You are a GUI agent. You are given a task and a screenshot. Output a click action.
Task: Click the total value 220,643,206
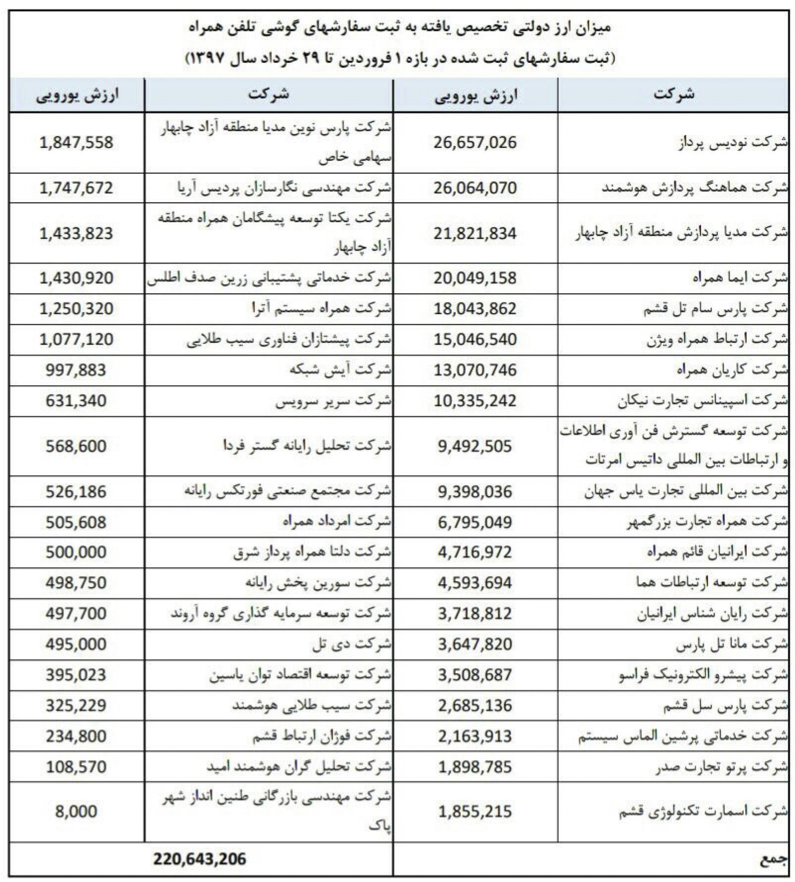click(x=199, y=859)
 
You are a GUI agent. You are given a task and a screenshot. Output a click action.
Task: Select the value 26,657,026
click(x=475, y=142)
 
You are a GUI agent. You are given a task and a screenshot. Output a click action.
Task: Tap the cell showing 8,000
click(x=76, y=811)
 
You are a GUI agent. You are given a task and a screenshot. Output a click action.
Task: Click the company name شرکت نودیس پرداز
click(x=733, y=143)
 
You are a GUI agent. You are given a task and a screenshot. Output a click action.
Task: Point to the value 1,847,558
click(x=76, y=142)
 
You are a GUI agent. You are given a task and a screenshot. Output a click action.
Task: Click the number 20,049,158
click(x=475, y=278)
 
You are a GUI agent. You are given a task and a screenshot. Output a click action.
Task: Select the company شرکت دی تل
click(x=352, y=644)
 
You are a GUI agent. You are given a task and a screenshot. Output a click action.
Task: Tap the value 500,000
click(x=76, y=552)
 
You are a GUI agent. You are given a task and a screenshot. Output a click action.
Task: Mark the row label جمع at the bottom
click(x=772, y=860)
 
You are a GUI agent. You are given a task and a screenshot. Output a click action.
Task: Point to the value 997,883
click(x=76, y=370)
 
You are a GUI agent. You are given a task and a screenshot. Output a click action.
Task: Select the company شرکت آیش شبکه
click(x=341, y=370)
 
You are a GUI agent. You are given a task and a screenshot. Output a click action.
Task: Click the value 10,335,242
click(x=475, y=401)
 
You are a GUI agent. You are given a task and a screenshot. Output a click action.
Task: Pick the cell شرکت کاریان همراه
click(x=732, y=370)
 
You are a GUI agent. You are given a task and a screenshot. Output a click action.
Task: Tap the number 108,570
click(x=76, y=767)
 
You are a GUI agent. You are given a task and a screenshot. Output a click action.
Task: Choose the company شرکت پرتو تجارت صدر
click(x=722, y=767)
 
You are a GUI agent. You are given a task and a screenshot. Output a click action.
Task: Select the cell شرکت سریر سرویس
click(x=333, y=401)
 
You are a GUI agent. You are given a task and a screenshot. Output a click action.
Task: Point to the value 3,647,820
click(x=475, y=644)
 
